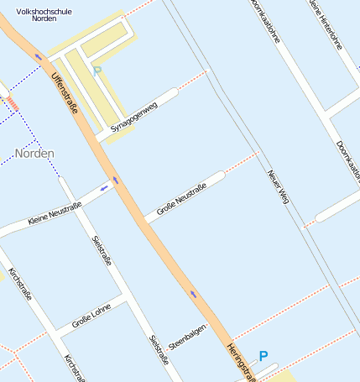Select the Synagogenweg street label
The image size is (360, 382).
click(133, 118)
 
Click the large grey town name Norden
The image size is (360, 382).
click(34, 154)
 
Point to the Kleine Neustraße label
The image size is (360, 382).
click(55, 213)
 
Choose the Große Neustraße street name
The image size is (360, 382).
click(181, 200)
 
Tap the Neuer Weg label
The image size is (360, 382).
click(278, 187)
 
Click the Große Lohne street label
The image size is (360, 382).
click(91, 315)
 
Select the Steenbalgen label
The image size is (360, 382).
click(187, 336)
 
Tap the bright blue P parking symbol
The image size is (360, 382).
click(263, 357)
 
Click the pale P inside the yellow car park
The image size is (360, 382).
click(97, 72)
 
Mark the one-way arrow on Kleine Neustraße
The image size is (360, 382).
click(104, 188)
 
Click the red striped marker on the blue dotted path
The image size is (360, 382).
click(13, 102)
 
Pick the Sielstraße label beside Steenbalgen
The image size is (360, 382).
click(159, 349)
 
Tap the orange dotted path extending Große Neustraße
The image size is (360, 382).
click(242, 161)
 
